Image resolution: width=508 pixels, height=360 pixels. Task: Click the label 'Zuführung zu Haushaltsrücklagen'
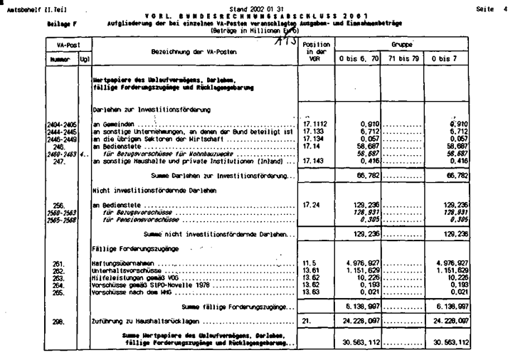coord(138,321)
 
